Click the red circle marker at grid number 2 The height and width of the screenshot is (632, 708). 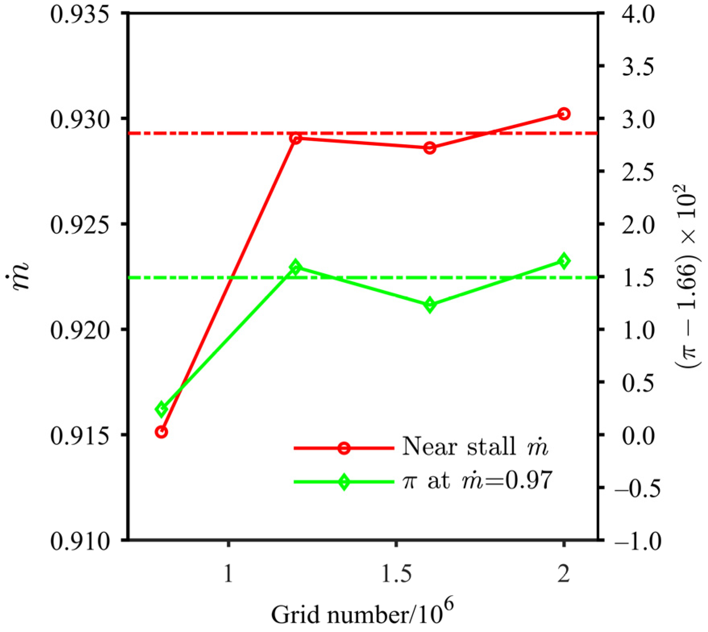pyautogui.click(x=564, y=114)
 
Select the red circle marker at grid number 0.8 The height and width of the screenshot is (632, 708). pyautogui.click(x=161, y=432)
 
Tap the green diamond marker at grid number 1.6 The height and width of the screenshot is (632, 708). pyautogui.click(x=430, y=305)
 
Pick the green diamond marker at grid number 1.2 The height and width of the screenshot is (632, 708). pyautogui.click(x=295, y=267)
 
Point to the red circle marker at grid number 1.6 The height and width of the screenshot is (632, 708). pyautogui.click(x=430, y=148)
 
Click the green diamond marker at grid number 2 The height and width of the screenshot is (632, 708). pyautogui.click(x=564, y=261)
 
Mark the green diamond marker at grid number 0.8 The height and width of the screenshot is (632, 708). pyautogui.click(x=161, y=409)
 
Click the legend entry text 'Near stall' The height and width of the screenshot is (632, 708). pyautogui.click(x=459, y=447)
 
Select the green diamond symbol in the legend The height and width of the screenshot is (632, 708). pyautogui.click(x=344, y=482)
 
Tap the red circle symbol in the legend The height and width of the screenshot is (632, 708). pyautogui.click(x=344, y=448)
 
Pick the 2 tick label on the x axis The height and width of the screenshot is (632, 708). pyautogui.click(x=564, y=573)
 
